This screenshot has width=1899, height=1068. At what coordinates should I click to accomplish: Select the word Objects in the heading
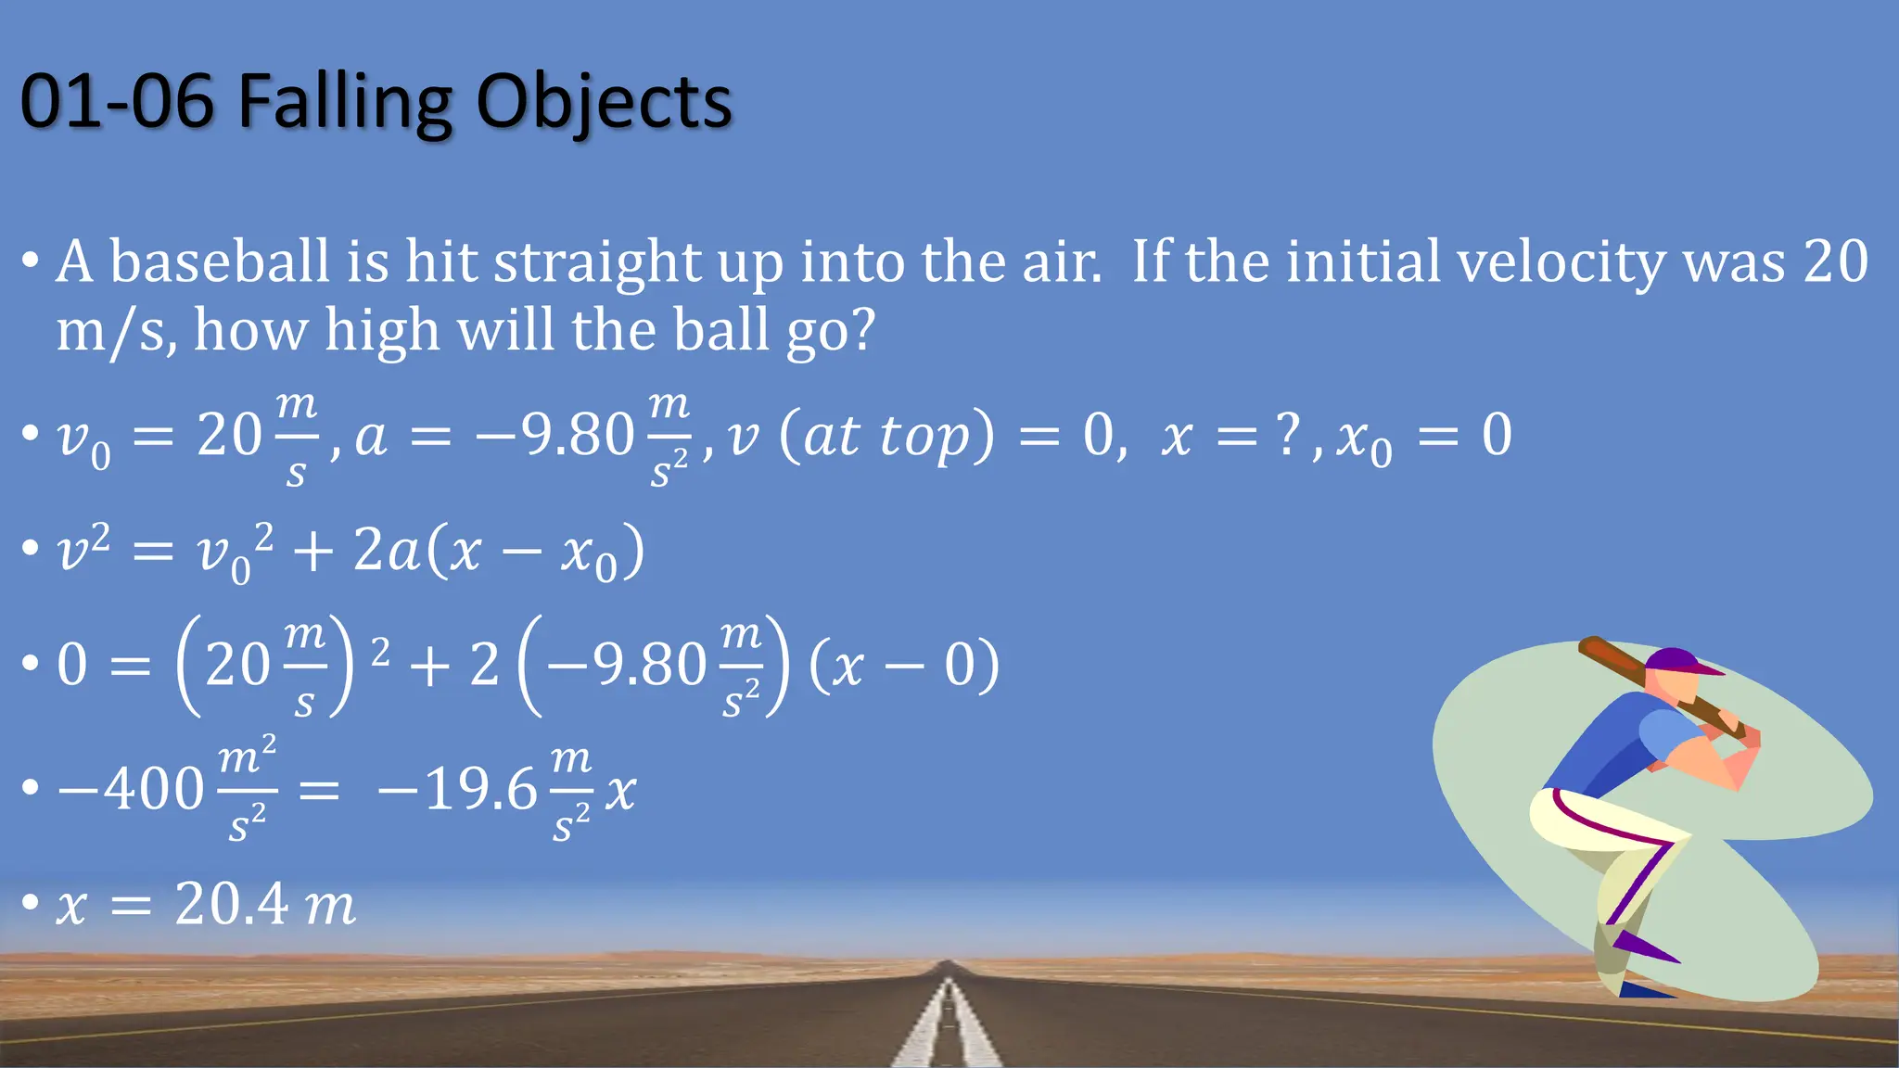tap(604, 102)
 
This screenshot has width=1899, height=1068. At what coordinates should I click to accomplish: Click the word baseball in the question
tap(220, 262)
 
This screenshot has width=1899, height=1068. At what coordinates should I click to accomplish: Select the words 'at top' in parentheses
tap(887, 436)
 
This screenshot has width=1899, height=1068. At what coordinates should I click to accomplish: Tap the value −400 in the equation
tap(131, 790)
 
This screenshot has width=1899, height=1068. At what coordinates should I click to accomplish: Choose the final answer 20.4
tap(232, 904)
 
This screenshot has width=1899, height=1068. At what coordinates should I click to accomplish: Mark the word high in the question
tap(381, 330)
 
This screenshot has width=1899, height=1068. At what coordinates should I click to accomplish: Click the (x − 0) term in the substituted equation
tap(904, 666)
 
